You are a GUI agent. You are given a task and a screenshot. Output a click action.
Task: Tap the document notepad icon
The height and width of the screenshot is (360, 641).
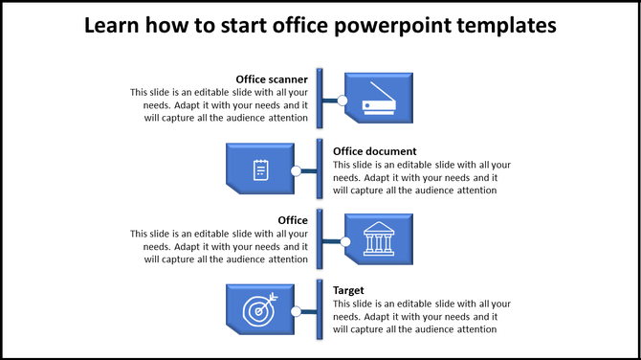[260, 170]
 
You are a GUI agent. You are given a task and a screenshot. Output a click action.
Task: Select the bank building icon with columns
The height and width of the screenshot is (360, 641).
[379, 238]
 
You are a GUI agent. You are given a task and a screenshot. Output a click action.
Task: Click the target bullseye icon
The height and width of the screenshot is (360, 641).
[259, 310]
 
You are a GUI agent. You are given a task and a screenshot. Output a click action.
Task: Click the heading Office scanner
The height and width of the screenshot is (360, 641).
[272, 79]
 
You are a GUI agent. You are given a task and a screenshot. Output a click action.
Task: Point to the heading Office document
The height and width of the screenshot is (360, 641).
[374, 151]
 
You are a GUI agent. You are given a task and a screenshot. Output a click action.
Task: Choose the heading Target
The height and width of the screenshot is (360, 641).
[348, 290]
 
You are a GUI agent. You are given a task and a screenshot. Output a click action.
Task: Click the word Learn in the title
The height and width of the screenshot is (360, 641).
[114, 26]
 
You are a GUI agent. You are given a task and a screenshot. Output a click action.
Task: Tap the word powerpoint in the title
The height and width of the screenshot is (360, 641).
[394, 26]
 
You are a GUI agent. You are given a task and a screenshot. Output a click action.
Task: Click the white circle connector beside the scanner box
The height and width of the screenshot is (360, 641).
[342, 100]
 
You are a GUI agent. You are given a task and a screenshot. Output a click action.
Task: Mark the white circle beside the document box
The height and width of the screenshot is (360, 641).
[296, 171]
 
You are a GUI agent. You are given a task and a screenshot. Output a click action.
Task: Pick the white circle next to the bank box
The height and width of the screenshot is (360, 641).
[343, 239]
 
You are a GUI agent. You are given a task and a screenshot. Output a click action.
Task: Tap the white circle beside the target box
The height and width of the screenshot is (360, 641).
[296, 311]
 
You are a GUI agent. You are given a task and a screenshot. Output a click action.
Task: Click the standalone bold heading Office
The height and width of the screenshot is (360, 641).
[292, 221]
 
